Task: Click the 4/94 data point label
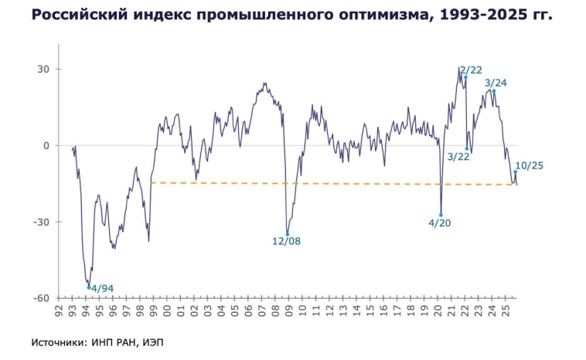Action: tap(102, 289)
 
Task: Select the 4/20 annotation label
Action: tap(439, 222)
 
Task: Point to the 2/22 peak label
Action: tap(471, 70)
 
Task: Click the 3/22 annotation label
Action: tap(459, 157)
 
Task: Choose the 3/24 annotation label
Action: tap(496, 83)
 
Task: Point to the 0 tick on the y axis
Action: tap(46, 145)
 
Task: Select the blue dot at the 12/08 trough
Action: tap(288, 234)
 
